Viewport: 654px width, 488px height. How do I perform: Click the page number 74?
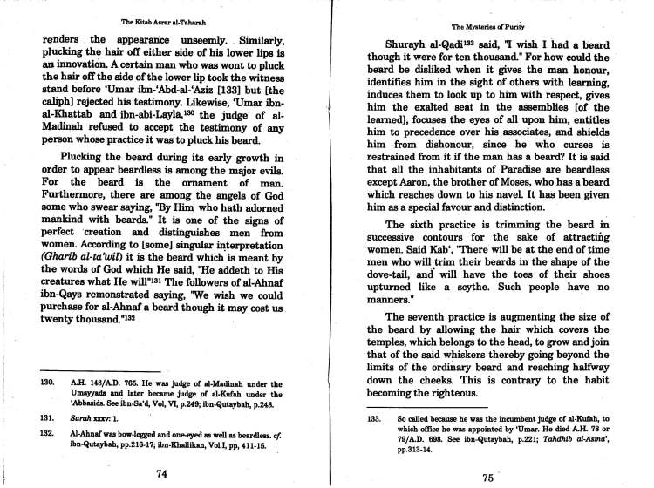(160, 474)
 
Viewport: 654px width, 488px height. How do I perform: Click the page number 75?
(487, 478)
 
